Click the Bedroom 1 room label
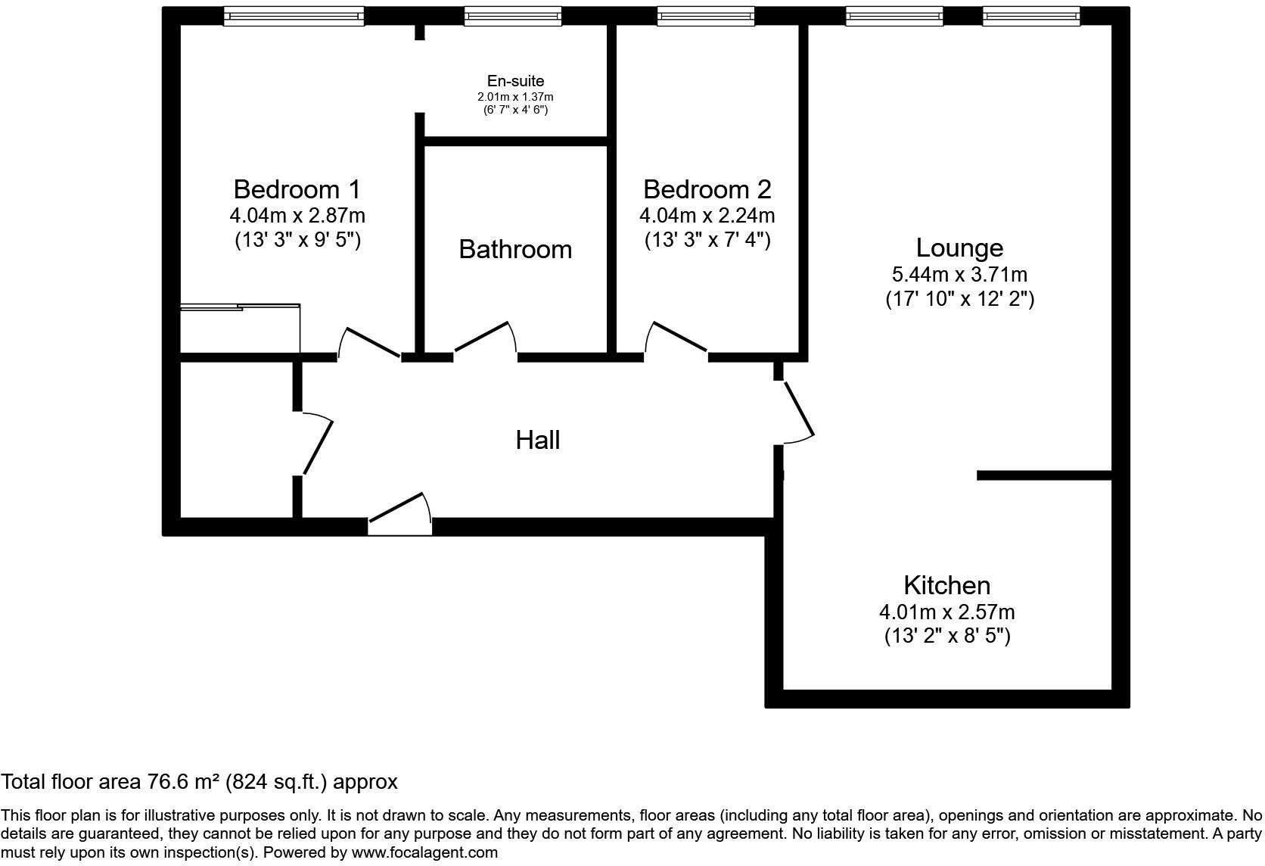[297, 188]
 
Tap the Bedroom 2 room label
[707, 188]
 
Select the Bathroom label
[515, 249]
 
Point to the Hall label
[537, 440]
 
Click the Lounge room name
[959, 248]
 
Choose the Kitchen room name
[946, 585]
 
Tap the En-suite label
[515, 81]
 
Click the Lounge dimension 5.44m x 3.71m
[959, 274]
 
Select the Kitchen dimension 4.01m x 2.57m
[946, 612]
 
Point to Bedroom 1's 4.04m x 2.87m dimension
[297, 216]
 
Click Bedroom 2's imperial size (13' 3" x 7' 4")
[707, 240]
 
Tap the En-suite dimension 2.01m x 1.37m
[515, 97]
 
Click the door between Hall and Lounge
[797, 410]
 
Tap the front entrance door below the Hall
[399, 511]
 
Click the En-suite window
[512, 16]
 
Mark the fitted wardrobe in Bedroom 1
[240, 329]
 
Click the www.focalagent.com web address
[424, 852]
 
